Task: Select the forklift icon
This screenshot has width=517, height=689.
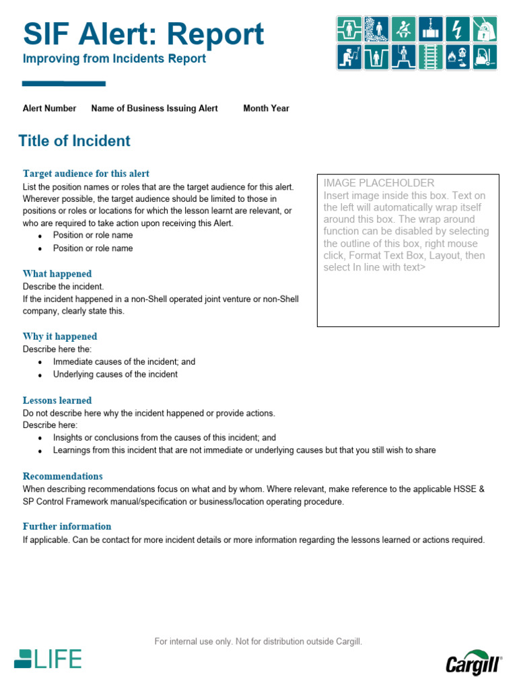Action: (485, 57)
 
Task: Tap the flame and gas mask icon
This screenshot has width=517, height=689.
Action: (458, 57)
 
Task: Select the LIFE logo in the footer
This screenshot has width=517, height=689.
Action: (48, 659)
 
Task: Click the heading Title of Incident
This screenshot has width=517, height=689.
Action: (74, 141)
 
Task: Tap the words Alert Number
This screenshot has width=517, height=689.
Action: (49, 108)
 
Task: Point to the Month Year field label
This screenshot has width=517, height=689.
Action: (266, 108)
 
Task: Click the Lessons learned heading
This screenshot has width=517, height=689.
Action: (57, 400)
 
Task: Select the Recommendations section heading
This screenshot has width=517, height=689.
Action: (63, 476)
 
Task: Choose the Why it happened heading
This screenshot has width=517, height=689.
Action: (60, 336)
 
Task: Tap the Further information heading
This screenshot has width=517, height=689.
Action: (67, 526)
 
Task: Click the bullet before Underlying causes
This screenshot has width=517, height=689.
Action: (40, 375)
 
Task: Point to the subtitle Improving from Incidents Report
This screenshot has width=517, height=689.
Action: (114, 59)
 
